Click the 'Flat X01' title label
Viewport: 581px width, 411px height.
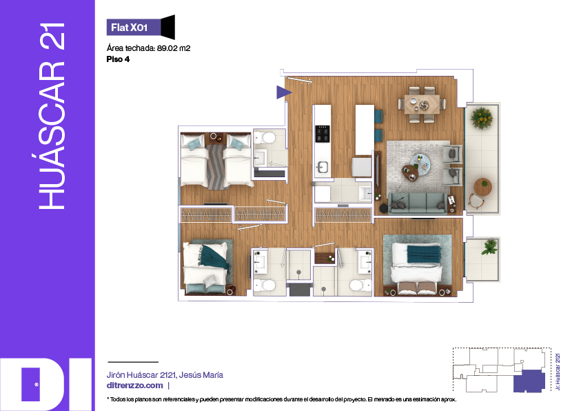(130, 28)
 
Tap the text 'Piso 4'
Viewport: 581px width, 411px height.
(118, 59)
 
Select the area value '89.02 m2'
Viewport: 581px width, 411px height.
(174, 48)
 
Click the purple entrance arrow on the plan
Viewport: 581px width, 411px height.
(284, 92)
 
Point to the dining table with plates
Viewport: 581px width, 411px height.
(422, 104)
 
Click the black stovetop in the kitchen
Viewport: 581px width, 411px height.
(323, 134)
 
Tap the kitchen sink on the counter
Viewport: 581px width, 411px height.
(322, 167)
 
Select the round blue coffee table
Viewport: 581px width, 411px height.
(420, 163)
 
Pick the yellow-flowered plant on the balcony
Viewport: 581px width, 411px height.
(481, 118)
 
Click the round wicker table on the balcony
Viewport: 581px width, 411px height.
(482, 186)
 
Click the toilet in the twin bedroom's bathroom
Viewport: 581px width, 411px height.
(265, 139)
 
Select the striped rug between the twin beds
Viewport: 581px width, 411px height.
(215, 166)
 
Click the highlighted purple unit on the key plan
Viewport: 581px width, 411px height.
(529, 381)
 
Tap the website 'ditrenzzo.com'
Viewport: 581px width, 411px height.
(135, 385)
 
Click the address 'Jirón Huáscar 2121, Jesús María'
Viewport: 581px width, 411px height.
(165, 375)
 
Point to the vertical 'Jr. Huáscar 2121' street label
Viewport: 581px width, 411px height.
(558, 372)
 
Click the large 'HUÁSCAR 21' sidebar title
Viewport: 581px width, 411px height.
(52, 116)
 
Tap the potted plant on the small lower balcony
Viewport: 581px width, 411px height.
(490, 247)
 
